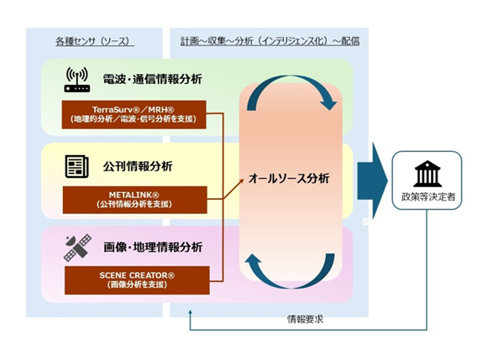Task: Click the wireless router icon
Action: pos(77,80)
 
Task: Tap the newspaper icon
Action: pos(76,167)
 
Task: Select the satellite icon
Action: pos(77,248)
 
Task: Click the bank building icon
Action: pos(427,174)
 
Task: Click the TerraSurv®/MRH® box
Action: pos(134,114)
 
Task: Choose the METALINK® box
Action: pos(135,200)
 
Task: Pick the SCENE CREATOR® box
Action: pos(137,280)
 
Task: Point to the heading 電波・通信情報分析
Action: pos(153,79)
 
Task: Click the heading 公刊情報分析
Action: pos(138,166)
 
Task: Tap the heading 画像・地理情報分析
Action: pos(153,248)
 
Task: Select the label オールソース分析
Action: pos(289,179)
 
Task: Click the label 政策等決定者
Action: pos(428,196)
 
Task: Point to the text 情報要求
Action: pos(305,320)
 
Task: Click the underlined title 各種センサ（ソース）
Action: pos(95,42)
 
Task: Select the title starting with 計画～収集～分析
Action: pos(270,41)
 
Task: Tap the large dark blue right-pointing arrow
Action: pos(373,181)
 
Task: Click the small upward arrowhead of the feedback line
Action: pos(190,312)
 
